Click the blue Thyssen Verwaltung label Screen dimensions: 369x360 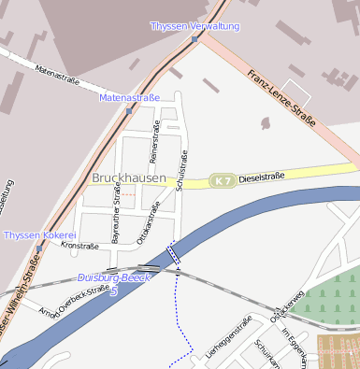pos(194,26)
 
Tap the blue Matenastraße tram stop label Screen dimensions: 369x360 pos(130,97)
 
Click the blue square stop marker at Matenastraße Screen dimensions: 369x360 pos(129,111)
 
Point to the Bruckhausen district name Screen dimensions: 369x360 pos(129,177)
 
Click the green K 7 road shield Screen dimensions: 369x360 pos(221,179)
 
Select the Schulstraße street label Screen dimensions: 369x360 pos(183,170)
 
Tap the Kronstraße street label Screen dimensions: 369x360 pos(79,246)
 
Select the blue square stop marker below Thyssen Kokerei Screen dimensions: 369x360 pos(40,248)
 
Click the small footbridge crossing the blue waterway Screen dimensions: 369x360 pos(173,254)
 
